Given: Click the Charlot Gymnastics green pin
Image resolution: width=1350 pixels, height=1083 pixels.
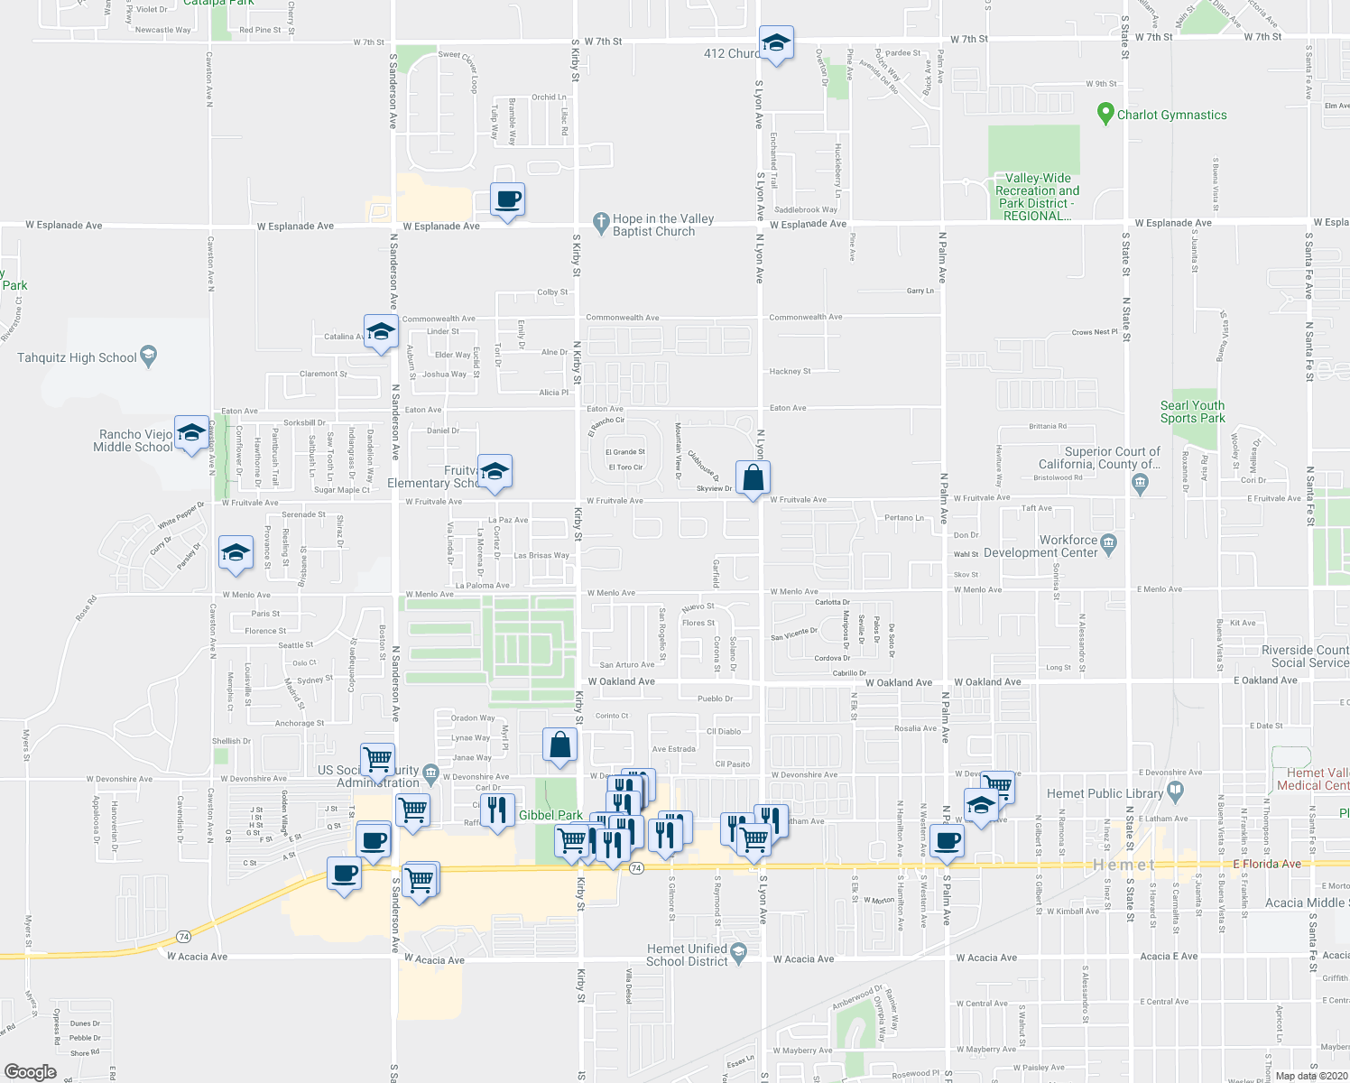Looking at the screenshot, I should (x=1105, y=114).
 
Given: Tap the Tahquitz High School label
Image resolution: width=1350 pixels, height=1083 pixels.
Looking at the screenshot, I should (x=77, y=357).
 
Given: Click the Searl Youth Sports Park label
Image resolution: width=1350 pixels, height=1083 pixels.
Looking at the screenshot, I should (x=1192, y=412).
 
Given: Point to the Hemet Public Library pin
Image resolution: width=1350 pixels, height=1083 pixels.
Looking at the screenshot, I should (x=1174, y=791).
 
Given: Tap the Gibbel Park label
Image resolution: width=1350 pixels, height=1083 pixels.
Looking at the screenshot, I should (x=550, y=815).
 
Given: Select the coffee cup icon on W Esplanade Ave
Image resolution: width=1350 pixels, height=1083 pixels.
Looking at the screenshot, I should (x=507, y=199).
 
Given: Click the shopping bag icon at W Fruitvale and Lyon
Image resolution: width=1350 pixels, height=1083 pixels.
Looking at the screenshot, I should (x=753, y=478).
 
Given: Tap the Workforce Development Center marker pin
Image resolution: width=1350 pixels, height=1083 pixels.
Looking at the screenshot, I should (x=1109, y=542).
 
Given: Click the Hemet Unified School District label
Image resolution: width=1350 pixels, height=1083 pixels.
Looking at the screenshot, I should (x=687, y=955).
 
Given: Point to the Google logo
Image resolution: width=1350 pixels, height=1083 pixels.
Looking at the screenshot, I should (x=30, y=1072).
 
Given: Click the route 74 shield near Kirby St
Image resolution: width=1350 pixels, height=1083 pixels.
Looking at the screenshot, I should (x=636, y=868).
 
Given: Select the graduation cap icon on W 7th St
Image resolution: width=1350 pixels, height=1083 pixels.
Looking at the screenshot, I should (x=776, y=43).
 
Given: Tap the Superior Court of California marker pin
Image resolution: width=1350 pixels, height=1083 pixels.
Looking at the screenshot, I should (x=1140, y=483).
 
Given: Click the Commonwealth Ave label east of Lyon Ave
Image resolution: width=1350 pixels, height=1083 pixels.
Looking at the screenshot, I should (x=805, y=317).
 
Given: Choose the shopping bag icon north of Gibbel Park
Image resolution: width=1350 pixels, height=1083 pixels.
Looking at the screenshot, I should (x=559, y=745).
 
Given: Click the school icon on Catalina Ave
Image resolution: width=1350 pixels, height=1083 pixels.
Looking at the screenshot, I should (x=381, y=333).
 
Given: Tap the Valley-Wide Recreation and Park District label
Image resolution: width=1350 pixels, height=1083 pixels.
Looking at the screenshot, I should (x=1037, y=197).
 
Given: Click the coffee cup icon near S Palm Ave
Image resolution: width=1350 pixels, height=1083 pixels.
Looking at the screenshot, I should (x=947, y=842).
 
